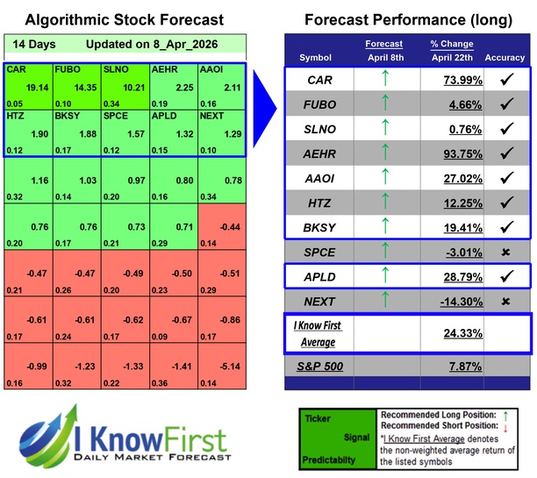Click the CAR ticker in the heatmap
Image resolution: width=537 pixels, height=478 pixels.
tap(14, 68)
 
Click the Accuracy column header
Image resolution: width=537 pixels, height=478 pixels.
tap(504, 58)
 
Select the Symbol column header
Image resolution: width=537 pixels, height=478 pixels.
tap(316, 58)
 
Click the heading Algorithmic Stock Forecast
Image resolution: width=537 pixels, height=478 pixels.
tap(124, 19)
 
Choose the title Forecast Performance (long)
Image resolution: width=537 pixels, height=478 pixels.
tap(408, 19)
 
